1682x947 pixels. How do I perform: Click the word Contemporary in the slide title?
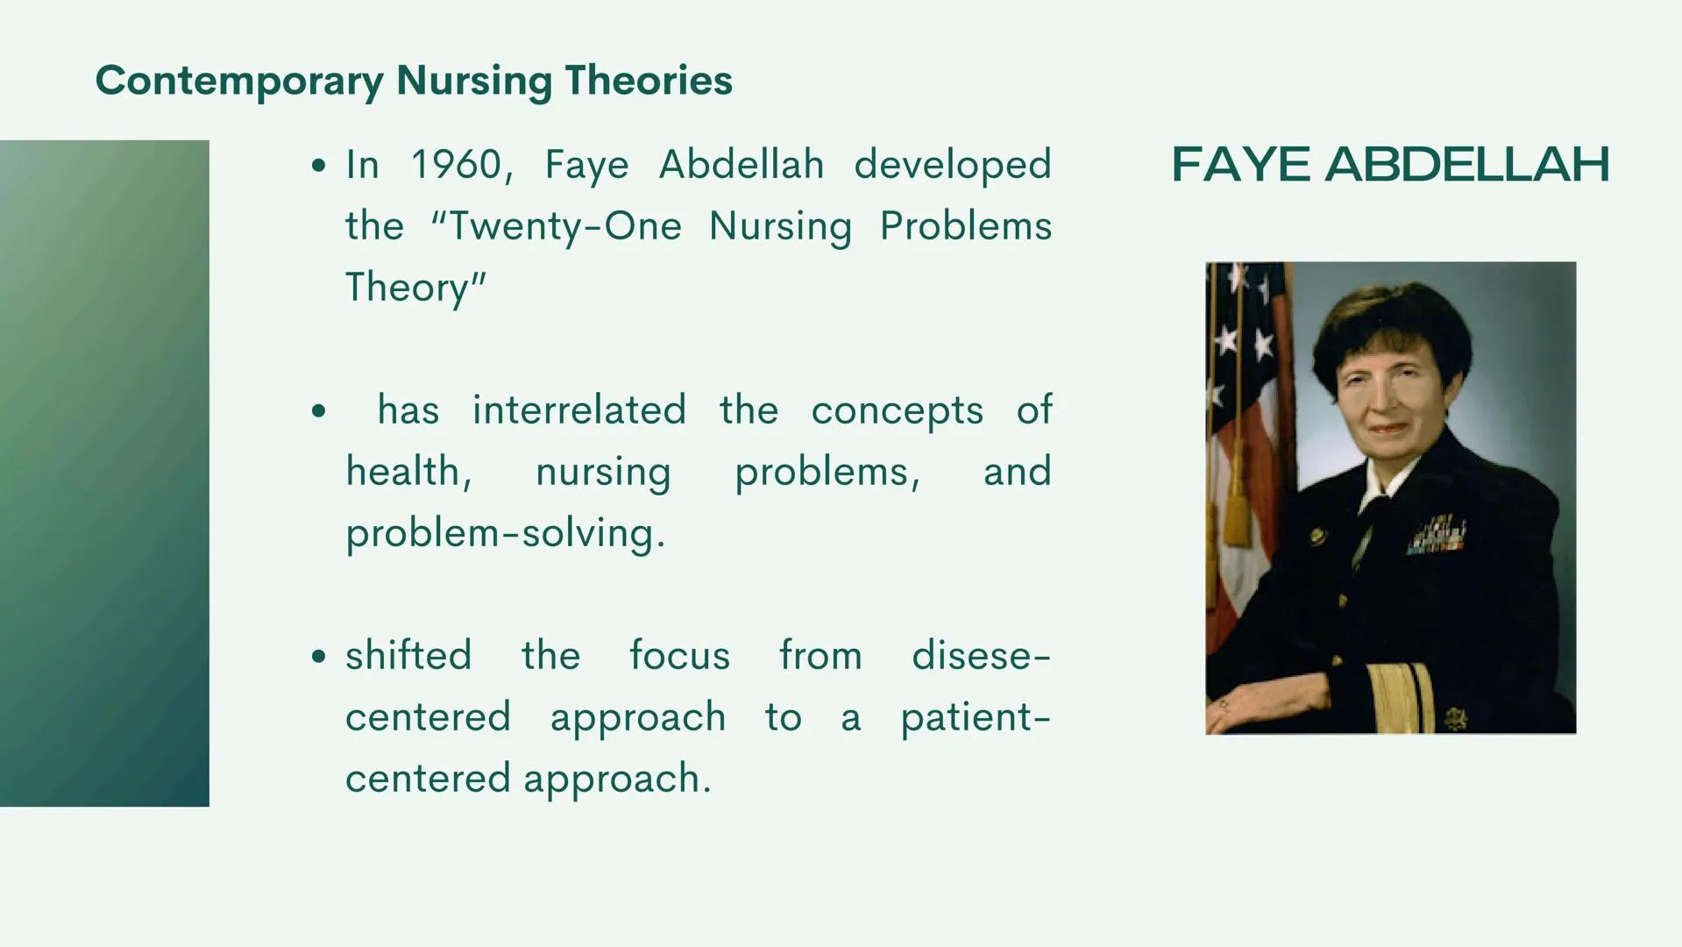pyautogui.click(x=239, y=81)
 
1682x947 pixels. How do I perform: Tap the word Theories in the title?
pyautogui.click(x=648, y=81)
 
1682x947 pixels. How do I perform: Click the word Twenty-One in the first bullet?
pyautogui.click(x=564, y=226)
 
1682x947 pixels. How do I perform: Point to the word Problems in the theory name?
pyautogui.click(x=965, y=226)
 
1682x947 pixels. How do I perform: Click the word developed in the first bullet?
pyautogui.click(x=952, y=165)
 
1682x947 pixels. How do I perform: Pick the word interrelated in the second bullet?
pyautogui.click(x=578, y=410)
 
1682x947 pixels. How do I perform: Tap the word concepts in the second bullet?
pyautogui.click(x=897, y=410)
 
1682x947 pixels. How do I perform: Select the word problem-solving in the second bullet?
pyautogui.click(x=505, y=533)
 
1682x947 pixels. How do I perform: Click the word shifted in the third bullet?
pyautogui.click(x=408, y=656)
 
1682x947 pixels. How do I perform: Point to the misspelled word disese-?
pyautogui.click(x=980, y=656)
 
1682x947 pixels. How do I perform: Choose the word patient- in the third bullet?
pyautogui.click(x=975, y=717)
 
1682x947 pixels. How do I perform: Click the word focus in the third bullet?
pyautogui.click(x=679, y=656)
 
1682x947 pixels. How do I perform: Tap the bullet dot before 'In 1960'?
pyautogui.click(x=318, y=166)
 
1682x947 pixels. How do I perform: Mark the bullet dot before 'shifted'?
pyautogui.click(x=318, y=657)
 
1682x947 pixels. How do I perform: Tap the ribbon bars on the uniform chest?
pyautogui.click(x=1437, y=536)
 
